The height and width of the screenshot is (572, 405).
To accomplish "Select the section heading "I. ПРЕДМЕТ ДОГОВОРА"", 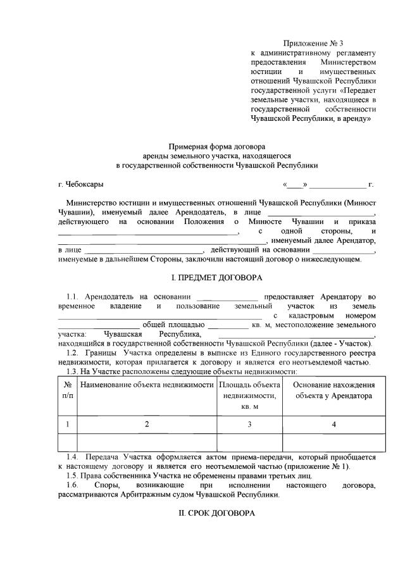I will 216,278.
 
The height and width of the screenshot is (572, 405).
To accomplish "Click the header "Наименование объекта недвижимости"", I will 147,385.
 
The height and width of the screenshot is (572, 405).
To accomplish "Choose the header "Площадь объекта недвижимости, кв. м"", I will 249,395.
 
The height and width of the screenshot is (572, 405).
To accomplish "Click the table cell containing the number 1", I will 67,424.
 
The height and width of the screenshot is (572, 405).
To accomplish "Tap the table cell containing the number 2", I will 147,424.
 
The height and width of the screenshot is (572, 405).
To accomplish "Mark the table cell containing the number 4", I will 333,424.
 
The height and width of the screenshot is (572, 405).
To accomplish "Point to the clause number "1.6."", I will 75,485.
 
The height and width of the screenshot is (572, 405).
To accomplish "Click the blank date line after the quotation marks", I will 337,185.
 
